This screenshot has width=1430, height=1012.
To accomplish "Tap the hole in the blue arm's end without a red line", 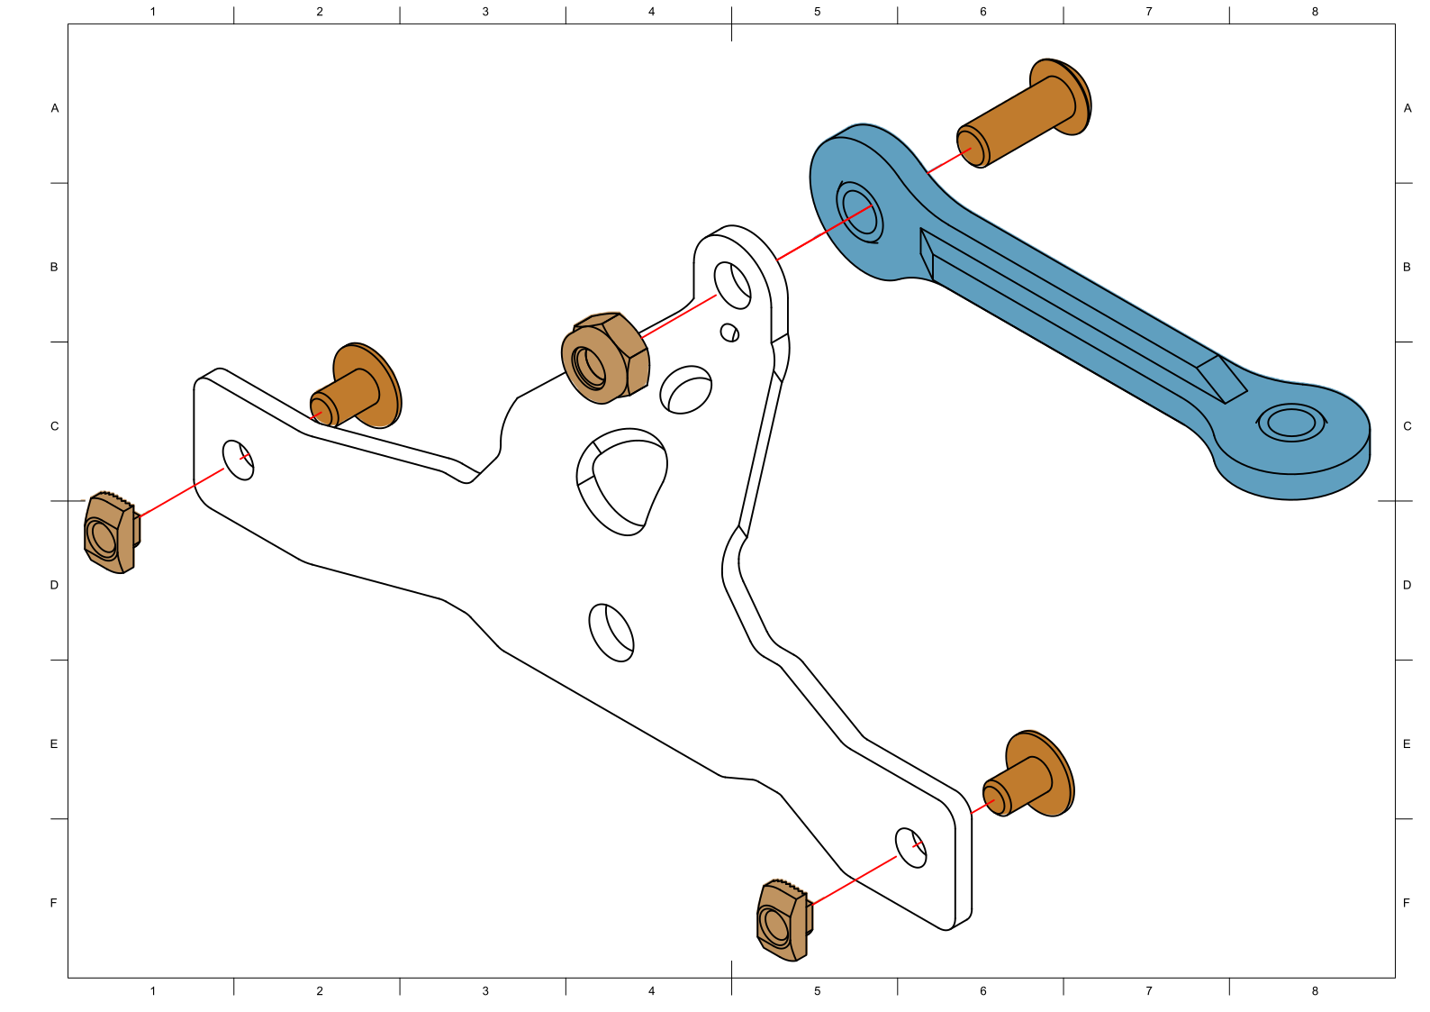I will click(1291, 423).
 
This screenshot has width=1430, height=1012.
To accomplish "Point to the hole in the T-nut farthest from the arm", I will click(103, 539).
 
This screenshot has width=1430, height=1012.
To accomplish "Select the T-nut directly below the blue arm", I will click(783, 919).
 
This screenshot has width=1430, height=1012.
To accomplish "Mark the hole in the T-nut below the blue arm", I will click(775, 925).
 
